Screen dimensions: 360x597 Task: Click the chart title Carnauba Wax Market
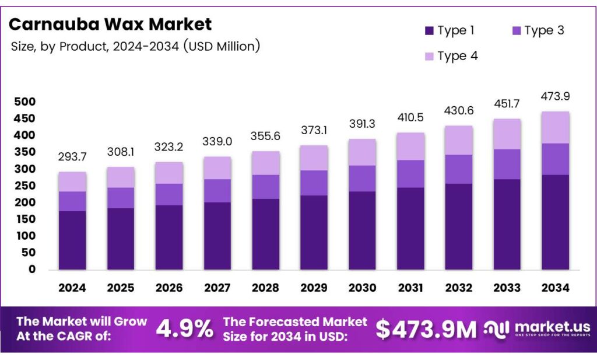(110, 24)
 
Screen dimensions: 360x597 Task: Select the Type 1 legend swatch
(429, 31)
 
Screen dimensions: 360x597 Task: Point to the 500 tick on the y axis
(24, 102)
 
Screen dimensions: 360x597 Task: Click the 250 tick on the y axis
(24, 186)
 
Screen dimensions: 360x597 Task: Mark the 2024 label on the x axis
(72, 288)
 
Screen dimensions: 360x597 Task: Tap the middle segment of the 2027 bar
(217, 190)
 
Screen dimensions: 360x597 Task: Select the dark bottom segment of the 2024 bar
(72, 240)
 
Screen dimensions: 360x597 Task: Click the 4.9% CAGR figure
(184, 329)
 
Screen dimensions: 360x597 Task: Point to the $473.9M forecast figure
(426, 329)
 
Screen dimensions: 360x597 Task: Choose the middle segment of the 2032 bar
(458, 169)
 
